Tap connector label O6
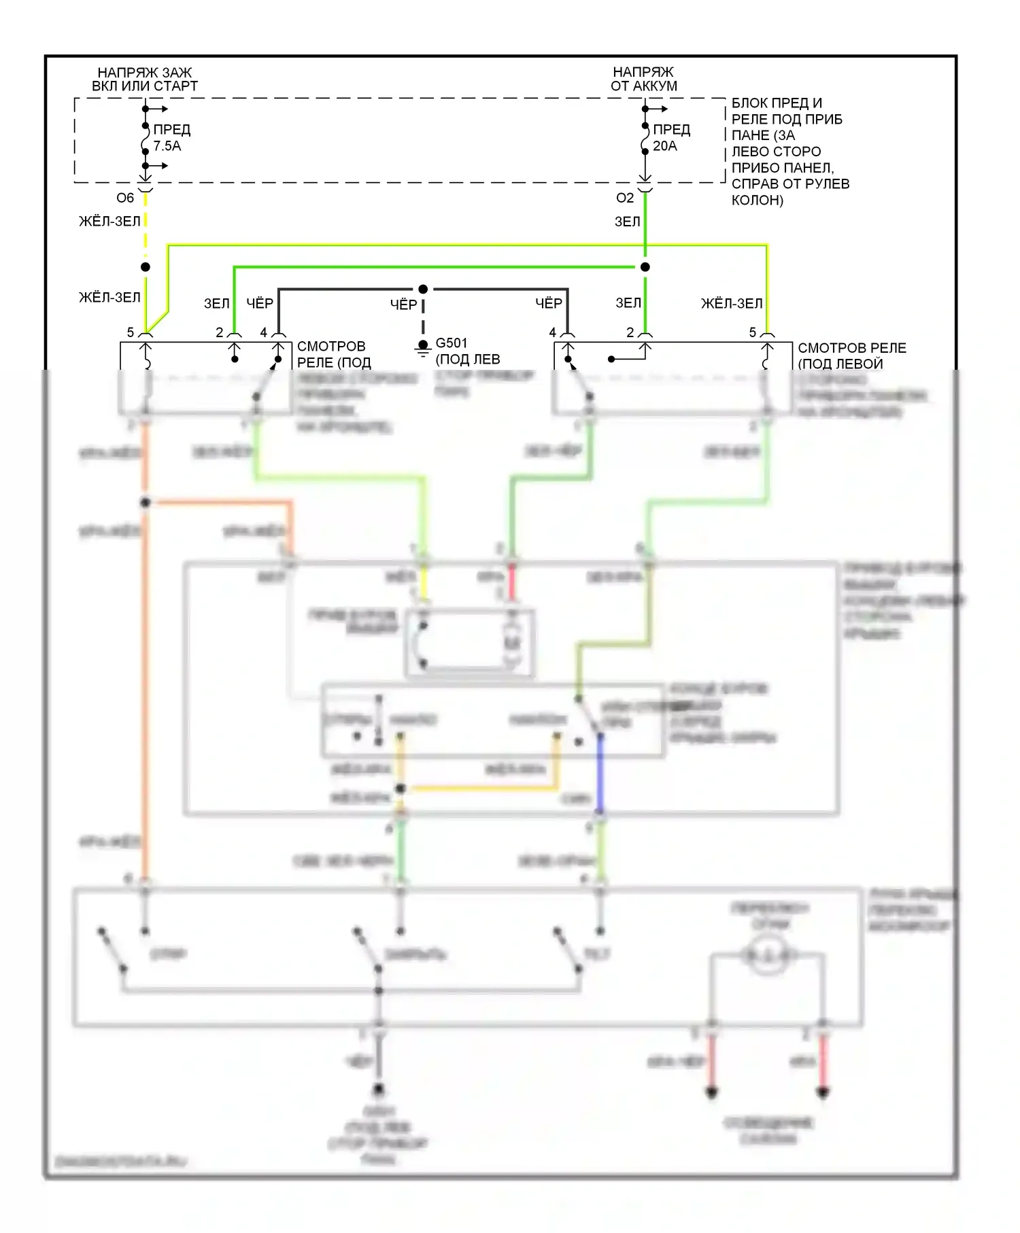tap(125, 198)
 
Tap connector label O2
tap(625, 198)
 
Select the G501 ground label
tap(452, 343)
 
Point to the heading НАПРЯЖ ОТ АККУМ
tap(643, 79)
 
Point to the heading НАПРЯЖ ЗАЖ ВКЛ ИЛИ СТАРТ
tap(145, 79)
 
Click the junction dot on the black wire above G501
tap(423, 289)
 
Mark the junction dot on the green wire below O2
tap(645, 267)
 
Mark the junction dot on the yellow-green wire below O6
tap(146, 267)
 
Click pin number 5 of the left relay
tap(131, 332)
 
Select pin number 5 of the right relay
tap(753, 332)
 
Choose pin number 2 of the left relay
tap(220, 332)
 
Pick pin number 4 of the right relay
tap(553, 332)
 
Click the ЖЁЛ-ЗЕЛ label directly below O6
tap(109, 222)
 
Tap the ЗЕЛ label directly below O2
tap(628, 222)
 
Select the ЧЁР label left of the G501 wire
tap(403, 305)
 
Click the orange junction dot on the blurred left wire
tap(146, 502)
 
